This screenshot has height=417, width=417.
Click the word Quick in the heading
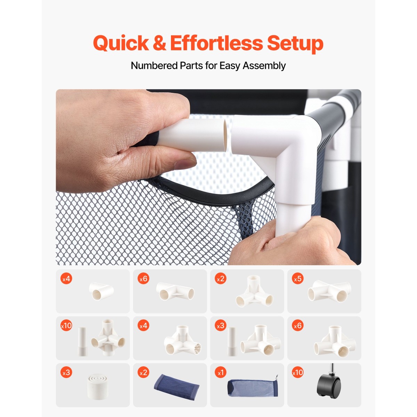pos(121,43)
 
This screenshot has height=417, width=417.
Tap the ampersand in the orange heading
pos(160,43)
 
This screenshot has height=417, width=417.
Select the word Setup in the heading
pos(295,44)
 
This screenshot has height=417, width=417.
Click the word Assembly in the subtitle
pos(264,66)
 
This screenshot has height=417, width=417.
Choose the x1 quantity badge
pos(221,373)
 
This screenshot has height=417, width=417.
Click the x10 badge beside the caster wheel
pos(297,373)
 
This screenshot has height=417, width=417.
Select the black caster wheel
pos(329,387)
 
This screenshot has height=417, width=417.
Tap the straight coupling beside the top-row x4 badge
pos(101,291)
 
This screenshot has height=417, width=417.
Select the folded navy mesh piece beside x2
pos(177,386)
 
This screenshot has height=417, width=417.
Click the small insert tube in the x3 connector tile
pos(231,342)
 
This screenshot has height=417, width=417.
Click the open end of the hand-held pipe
pos(225,135)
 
